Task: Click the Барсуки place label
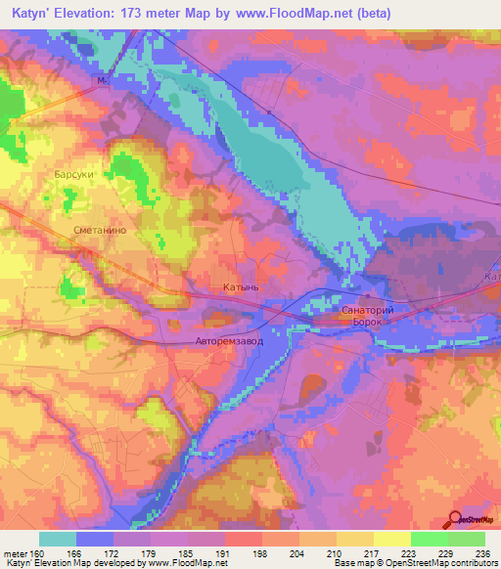pos(73,174)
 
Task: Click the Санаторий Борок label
pos(366,313)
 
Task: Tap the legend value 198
pos(261,552)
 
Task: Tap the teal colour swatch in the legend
pos(58,539)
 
